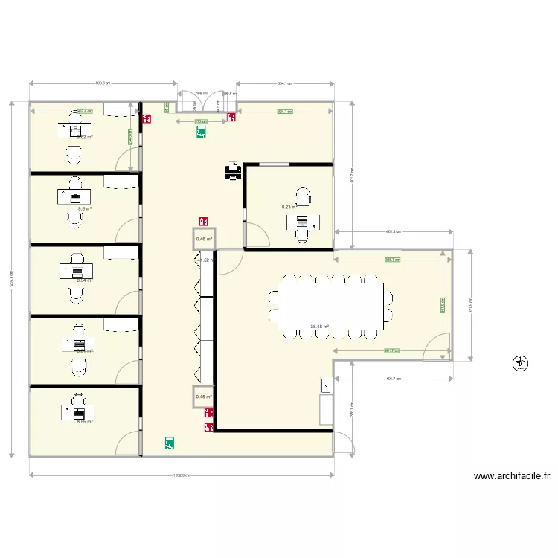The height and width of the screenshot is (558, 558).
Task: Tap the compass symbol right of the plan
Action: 520,363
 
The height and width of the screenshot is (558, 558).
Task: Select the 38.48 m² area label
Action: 320,326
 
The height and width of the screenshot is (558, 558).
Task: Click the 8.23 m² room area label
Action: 289,208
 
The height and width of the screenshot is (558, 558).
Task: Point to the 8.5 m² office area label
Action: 84,209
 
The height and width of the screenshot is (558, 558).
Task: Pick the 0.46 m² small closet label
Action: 203,240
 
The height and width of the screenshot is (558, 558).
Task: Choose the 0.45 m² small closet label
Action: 204,397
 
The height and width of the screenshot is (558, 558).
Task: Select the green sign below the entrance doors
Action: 201,132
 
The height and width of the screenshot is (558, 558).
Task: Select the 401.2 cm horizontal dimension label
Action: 394,231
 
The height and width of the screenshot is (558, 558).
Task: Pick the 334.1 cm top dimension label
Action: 284,84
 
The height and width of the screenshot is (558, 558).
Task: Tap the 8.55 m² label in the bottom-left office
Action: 84,422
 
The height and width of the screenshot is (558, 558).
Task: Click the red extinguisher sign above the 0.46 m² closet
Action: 203,221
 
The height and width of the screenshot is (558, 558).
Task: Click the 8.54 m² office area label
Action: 84,280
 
